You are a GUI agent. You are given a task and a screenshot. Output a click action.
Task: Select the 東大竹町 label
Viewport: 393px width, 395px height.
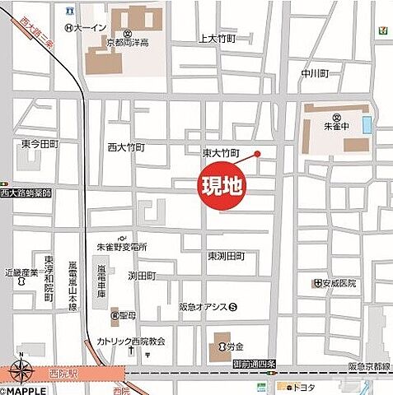click(x=220, y=153)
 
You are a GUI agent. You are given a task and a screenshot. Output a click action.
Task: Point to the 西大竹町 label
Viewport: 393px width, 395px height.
click(x=126, y=147)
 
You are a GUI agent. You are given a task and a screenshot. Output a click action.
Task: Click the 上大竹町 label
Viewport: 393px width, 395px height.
click(x=218, y=39)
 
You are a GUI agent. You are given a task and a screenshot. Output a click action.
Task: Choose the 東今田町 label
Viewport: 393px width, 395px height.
click(x=40, y=144)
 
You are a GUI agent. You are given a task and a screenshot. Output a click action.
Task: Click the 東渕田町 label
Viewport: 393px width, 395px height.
click(x=227, y=255)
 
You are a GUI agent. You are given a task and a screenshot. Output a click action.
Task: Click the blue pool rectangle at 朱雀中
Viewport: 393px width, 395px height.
click(x=367, y=128)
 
